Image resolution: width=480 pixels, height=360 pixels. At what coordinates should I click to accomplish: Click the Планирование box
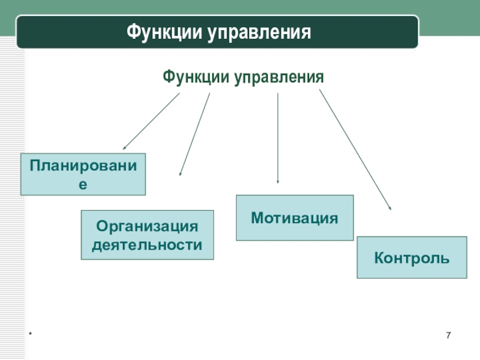[83, 174]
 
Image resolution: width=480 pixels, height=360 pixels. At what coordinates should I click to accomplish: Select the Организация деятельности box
[147, 235]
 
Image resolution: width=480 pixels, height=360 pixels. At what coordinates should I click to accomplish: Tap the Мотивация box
[295, 218]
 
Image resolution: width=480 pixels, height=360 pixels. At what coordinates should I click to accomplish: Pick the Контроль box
[412, 257]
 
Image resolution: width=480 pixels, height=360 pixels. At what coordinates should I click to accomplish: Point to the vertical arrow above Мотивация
[277, 138]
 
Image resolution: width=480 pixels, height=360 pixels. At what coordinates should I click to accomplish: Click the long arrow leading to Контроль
[355, 149]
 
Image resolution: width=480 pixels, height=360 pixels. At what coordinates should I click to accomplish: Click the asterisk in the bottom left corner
[28, 335]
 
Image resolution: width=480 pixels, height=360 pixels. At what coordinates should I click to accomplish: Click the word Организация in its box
[147, 226]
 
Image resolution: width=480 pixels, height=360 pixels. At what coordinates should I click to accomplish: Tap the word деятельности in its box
[147, 244]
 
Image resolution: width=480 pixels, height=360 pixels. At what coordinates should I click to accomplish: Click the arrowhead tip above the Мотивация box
[277, 182]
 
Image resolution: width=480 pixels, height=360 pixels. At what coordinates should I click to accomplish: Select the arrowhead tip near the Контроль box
[391, 209]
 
